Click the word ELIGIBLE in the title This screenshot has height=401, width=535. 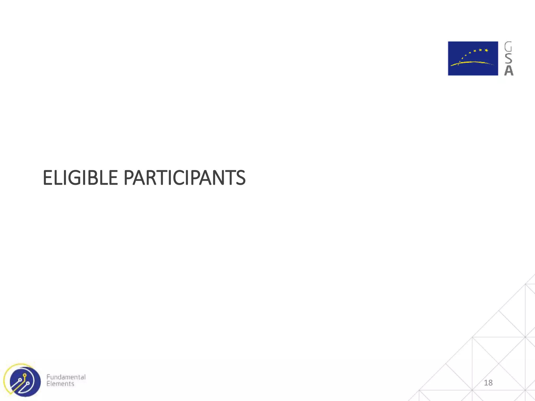[x=80, y=178]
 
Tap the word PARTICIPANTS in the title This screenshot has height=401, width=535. [x=184, y=178]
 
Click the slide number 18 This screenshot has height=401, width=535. [x=488, y=383]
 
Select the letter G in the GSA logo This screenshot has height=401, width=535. [x=508, y=47]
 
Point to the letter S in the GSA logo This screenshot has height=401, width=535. [x=508, y=59]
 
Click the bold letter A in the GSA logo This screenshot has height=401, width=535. [x=509, y=70]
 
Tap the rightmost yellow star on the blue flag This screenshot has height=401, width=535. [x=486, y=50]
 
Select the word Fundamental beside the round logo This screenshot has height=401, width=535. [x=66, y=377]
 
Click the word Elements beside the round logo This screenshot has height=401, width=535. [x=60, y=384]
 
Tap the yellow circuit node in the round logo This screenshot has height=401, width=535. [x=25, y=375]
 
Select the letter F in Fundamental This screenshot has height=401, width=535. [x=48, y=377]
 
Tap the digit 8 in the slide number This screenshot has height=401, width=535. [x=490, y=383]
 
